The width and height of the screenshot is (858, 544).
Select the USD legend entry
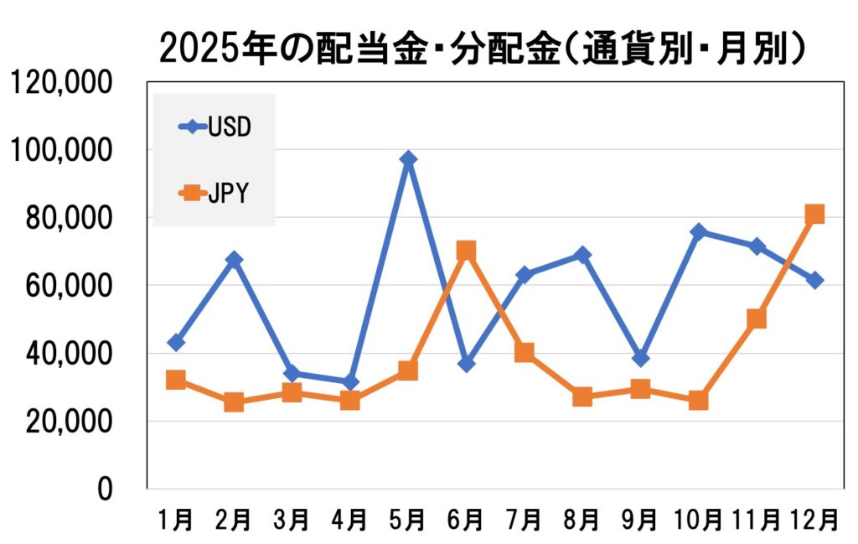click(215, 127)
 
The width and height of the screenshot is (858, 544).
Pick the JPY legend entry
click(215, 194)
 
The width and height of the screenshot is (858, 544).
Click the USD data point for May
click(408, 159)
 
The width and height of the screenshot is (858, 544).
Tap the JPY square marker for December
click(814, 214)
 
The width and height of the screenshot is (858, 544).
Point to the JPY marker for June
click(466, 251)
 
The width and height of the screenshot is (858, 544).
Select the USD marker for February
click(234, 260)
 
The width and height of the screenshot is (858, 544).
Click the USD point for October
click(699, 231)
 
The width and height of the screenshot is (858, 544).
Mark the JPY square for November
click(757, 319)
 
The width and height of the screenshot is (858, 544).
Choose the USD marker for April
click(350, 382)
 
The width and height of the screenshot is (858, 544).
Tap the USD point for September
click(640, 359)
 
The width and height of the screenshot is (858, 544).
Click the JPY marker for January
click(176, 380)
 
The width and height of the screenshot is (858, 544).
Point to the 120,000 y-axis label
click(60, 83)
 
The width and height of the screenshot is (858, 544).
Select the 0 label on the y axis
click(105, 489)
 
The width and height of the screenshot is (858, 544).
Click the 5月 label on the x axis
click(408, 521)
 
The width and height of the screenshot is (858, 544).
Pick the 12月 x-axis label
click(814, 521)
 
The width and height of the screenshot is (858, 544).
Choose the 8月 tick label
click(582, 521)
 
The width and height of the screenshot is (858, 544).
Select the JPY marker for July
click(525, 352)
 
